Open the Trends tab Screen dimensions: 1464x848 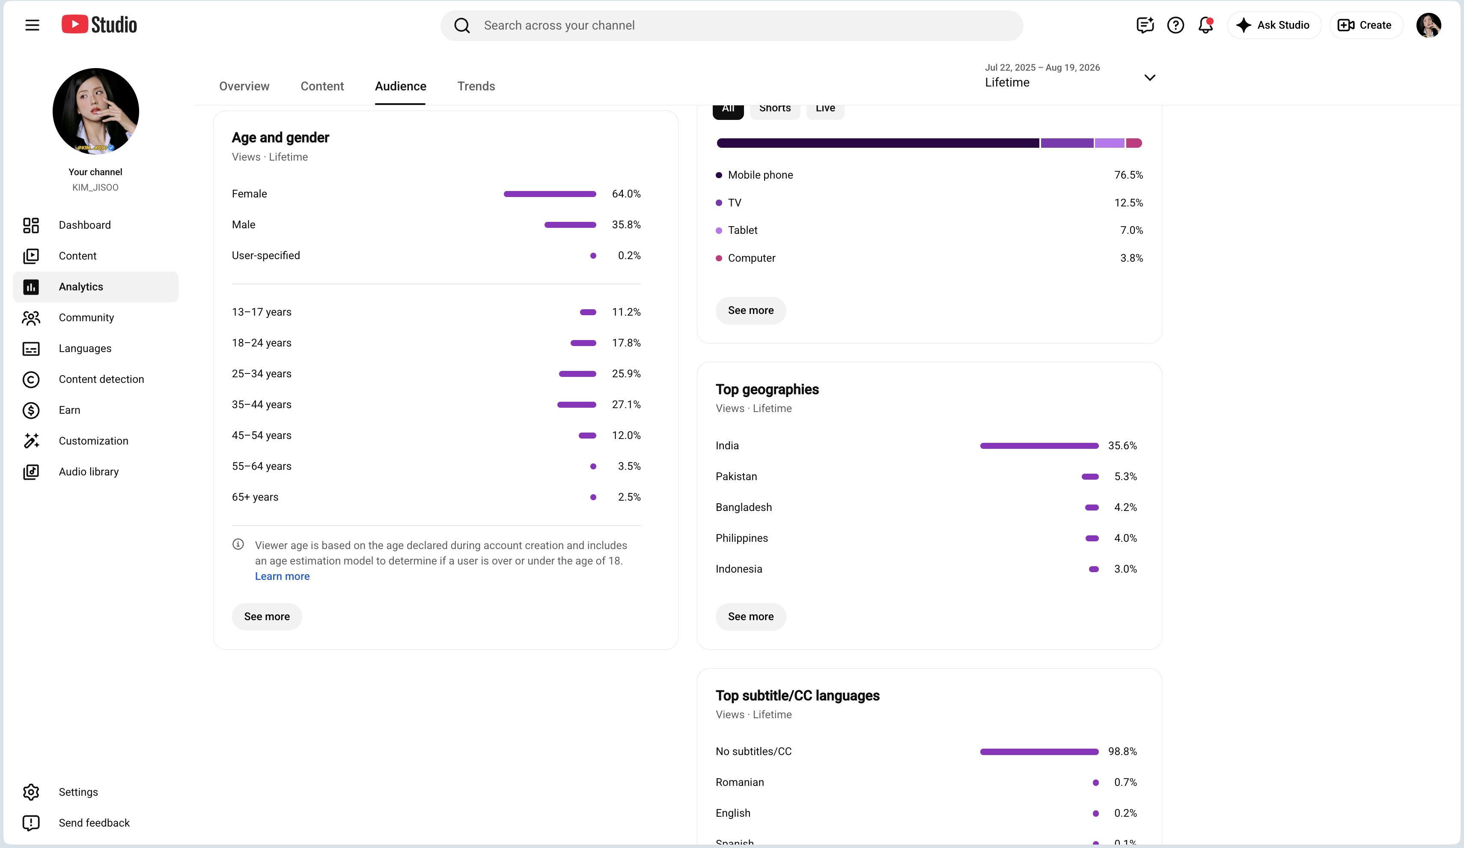coord(476,86)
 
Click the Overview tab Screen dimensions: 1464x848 coord(244,86)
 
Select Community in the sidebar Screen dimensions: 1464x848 coord(86,317)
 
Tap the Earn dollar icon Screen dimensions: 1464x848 coord(31,410)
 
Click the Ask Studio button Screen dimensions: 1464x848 coord(1274,25)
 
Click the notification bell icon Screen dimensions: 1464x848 coord(1205,25)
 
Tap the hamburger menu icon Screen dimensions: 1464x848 coord(32,25)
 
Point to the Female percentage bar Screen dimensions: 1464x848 coord(550,194)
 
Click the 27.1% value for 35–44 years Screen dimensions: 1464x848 coord(626,405)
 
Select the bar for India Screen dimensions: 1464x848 coord(1039,446)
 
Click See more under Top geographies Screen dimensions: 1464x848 coord(750,617)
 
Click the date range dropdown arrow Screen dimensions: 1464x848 coord(1149,77)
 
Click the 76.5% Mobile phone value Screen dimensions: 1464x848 coord(1128,175)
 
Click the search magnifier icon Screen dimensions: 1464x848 coord(462,26)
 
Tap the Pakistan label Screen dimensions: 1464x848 coord(736,477)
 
